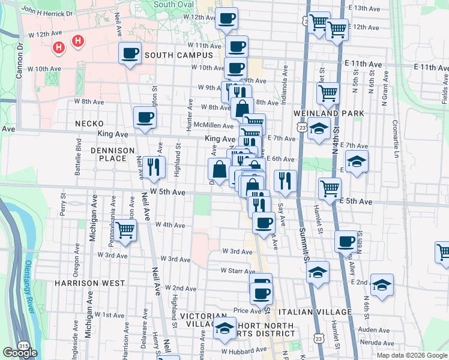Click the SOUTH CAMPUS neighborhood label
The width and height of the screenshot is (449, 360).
(179, 55)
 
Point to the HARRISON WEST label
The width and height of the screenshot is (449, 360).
(89, 283)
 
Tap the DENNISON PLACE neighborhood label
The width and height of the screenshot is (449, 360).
(101, 154)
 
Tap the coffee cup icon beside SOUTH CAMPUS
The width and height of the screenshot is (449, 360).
(130, 54)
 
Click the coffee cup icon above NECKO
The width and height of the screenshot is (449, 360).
(145, 118)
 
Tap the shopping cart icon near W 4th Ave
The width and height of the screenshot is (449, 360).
(125, 230)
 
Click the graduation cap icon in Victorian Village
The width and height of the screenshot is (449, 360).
(224, 328)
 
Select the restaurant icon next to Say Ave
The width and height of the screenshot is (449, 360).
(285, 181)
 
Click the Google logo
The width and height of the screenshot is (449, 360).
(19, 353)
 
